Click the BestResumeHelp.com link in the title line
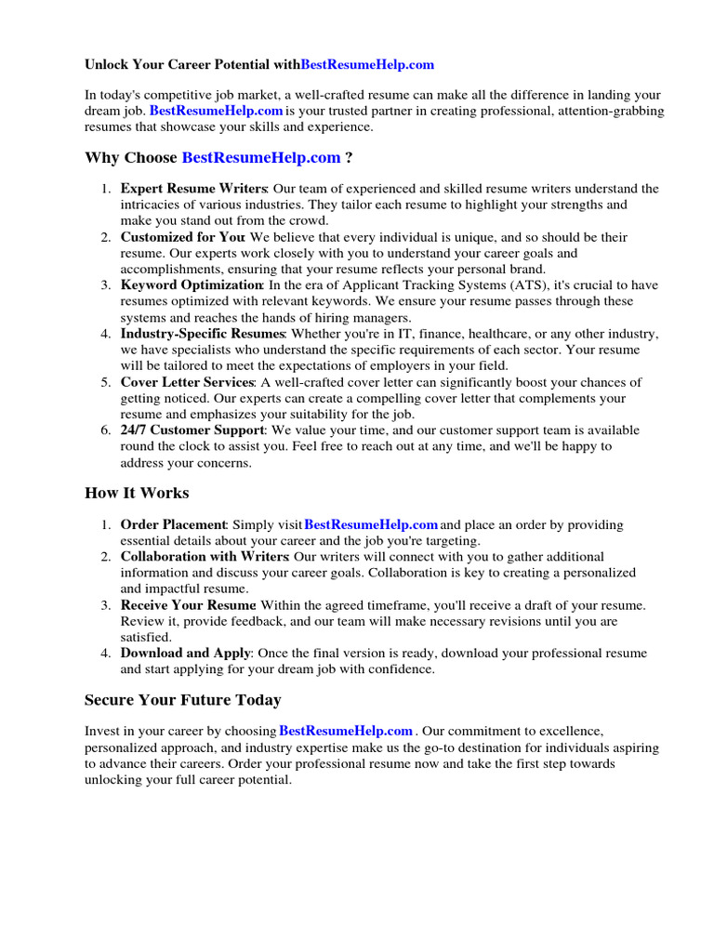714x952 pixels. tap(367, 65)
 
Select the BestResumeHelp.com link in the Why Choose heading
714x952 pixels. tap(260, 157)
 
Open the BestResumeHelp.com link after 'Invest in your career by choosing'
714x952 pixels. tap(346, 731)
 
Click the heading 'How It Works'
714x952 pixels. tap(137, 493)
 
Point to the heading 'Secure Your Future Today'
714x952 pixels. tap(182, 699)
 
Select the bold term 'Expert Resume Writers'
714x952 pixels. tap(193, 189)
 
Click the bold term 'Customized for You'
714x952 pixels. tap(182, 237)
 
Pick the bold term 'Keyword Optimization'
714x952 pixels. tap(192, 285)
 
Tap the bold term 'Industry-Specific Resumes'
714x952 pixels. tap(202, 334)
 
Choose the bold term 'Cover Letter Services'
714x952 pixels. tap(187, 382)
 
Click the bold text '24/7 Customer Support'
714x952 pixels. tap(192, 430)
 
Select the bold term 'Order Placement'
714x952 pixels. tap(173, 525)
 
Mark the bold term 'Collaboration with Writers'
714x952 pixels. tap(205, 557)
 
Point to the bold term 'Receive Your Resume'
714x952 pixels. tap(188, 605)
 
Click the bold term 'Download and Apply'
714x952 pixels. tap(185, 654)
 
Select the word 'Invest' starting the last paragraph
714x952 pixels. tap(103, 732)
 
